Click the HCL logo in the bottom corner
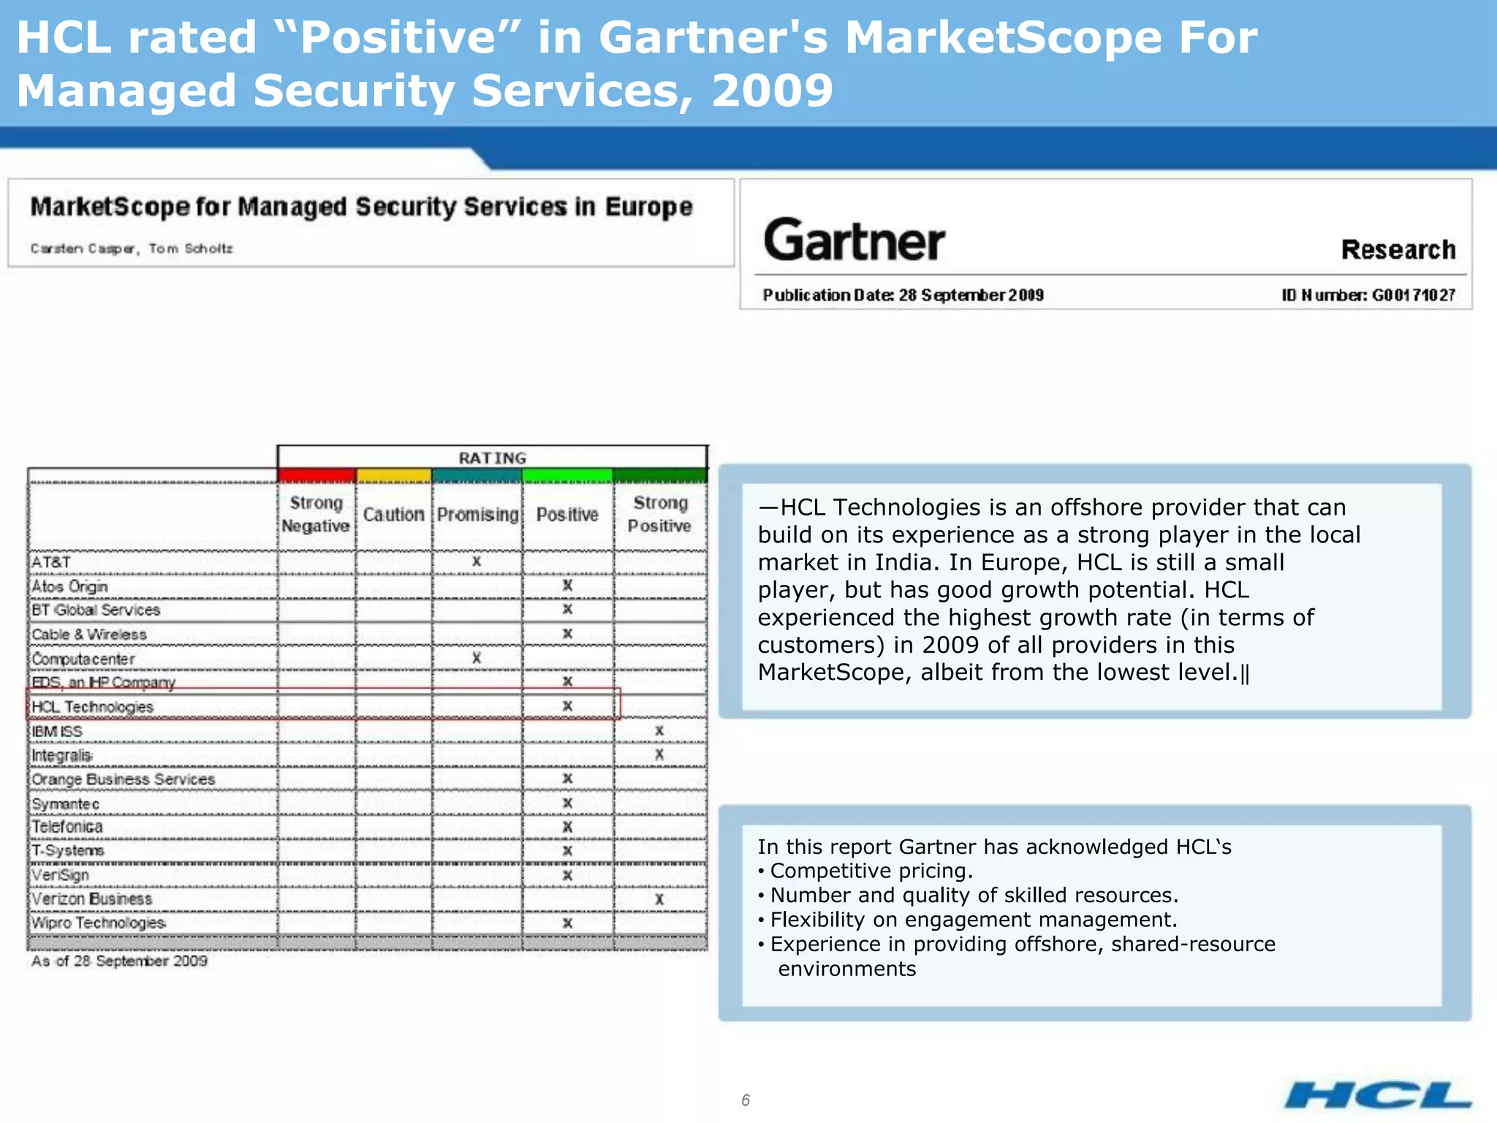[1378, 1094]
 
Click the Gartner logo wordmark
[854, 241]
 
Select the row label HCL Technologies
[92, 707]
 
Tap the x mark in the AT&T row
[477, 561]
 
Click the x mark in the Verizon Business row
[659, 899]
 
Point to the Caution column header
[393, 515]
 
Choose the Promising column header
[477, 515]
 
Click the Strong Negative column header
[316, 514]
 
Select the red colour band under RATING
[317, 476]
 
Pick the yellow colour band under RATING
[393, 476]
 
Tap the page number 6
[746, 1100]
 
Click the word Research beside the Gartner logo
[1398, 250]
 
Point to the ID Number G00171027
[1368, 295]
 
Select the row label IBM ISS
[57, 732]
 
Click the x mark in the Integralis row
[659, 755]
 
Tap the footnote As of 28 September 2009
[119, 961]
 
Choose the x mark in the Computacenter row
[477, 658]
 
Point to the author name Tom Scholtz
[191, 249]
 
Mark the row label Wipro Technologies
[99, 923]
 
